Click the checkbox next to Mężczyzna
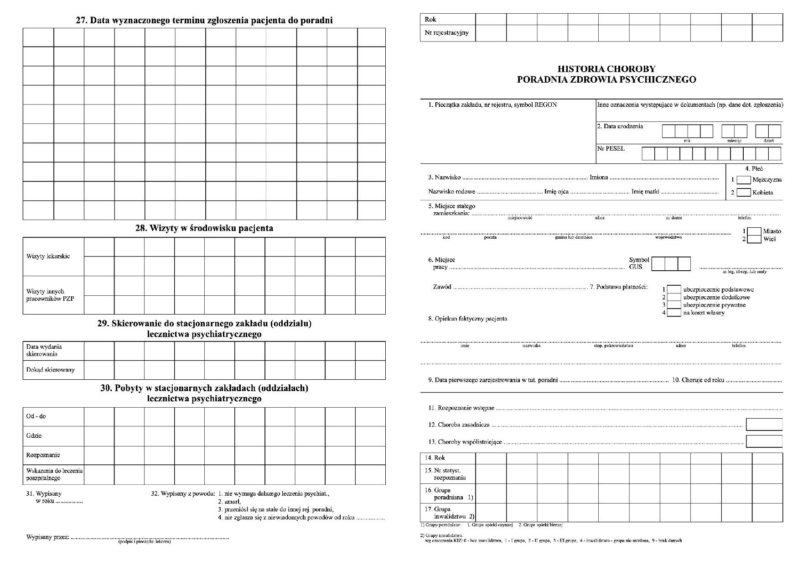[x=744, y=180]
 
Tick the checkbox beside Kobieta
[x=744, y=193]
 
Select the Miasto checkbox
[x=755, y=231]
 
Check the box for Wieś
[x=755, y=239]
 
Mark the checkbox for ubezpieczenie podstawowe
[x=674, y=289]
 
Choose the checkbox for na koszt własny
[x=674, y=313]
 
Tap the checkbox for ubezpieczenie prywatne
[x=674, y=305]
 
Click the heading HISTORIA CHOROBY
[x=606, y=69]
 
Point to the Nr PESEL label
[x=611, y=149]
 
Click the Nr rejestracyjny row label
[x=446, y=33]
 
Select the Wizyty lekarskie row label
[x=48, y=257]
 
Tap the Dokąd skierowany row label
[x=50, y=370]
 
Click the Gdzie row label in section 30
[x=34, y=436]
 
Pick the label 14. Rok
[x=435, y=458]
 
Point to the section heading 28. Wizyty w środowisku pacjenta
[x=204, y=228]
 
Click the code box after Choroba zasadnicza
[x=764, y=425]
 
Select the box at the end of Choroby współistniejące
[x=764, y=441]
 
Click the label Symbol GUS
[x=639, y=263]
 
